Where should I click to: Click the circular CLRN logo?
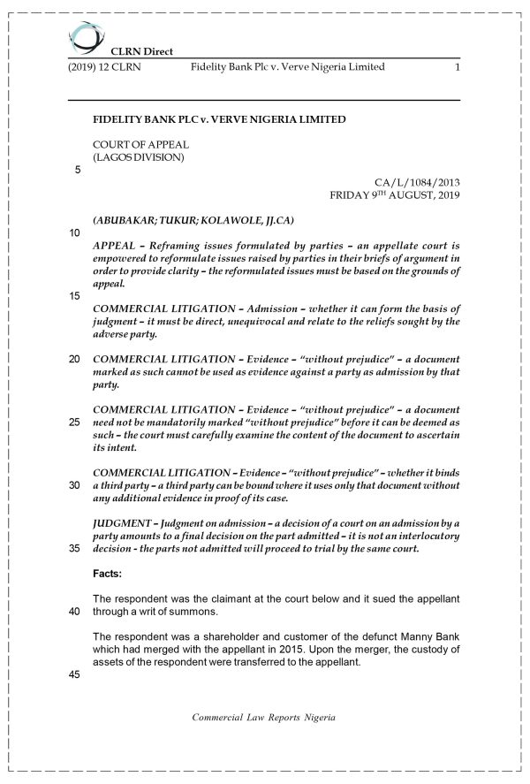(87, 37)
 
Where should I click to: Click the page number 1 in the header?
(457, 67)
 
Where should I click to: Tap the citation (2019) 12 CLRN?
(104, 67)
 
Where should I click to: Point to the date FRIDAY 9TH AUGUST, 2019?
(395, 194)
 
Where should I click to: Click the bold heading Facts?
(110, 574)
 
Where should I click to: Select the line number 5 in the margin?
(77, 170)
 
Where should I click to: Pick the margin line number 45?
(75, 674)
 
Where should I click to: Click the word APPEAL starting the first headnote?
(113, 245)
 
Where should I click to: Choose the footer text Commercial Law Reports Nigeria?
(264, 718)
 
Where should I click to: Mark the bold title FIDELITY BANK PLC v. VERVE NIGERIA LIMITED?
(219, 119)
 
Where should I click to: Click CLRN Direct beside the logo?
(141, 51)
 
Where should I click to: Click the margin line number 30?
(75, 485)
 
